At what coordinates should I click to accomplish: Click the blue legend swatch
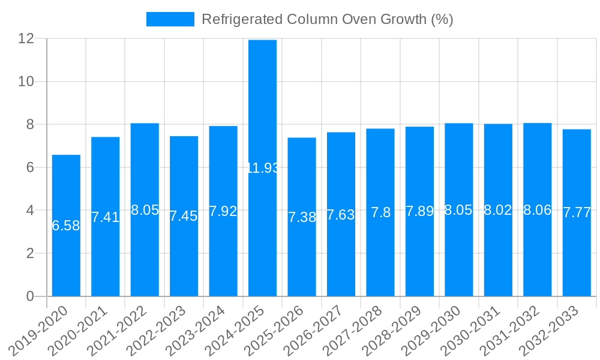coord(170,19)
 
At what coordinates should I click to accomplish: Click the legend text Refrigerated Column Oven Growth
coord(327,19)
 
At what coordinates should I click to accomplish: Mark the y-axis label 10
coord(26,82)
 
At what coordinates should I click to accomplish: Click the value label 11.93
coord(263,168)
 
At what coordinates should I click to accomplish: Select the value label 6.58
coord(66,226)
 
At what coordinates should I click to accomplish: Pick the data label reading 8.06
coord(538,210)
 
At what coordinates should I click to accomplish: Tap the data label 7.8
coord(380,212)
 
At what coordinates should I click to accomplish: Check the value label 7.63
coord(341,215)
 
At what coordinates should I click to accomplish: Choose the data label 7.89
coord(419,211)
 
